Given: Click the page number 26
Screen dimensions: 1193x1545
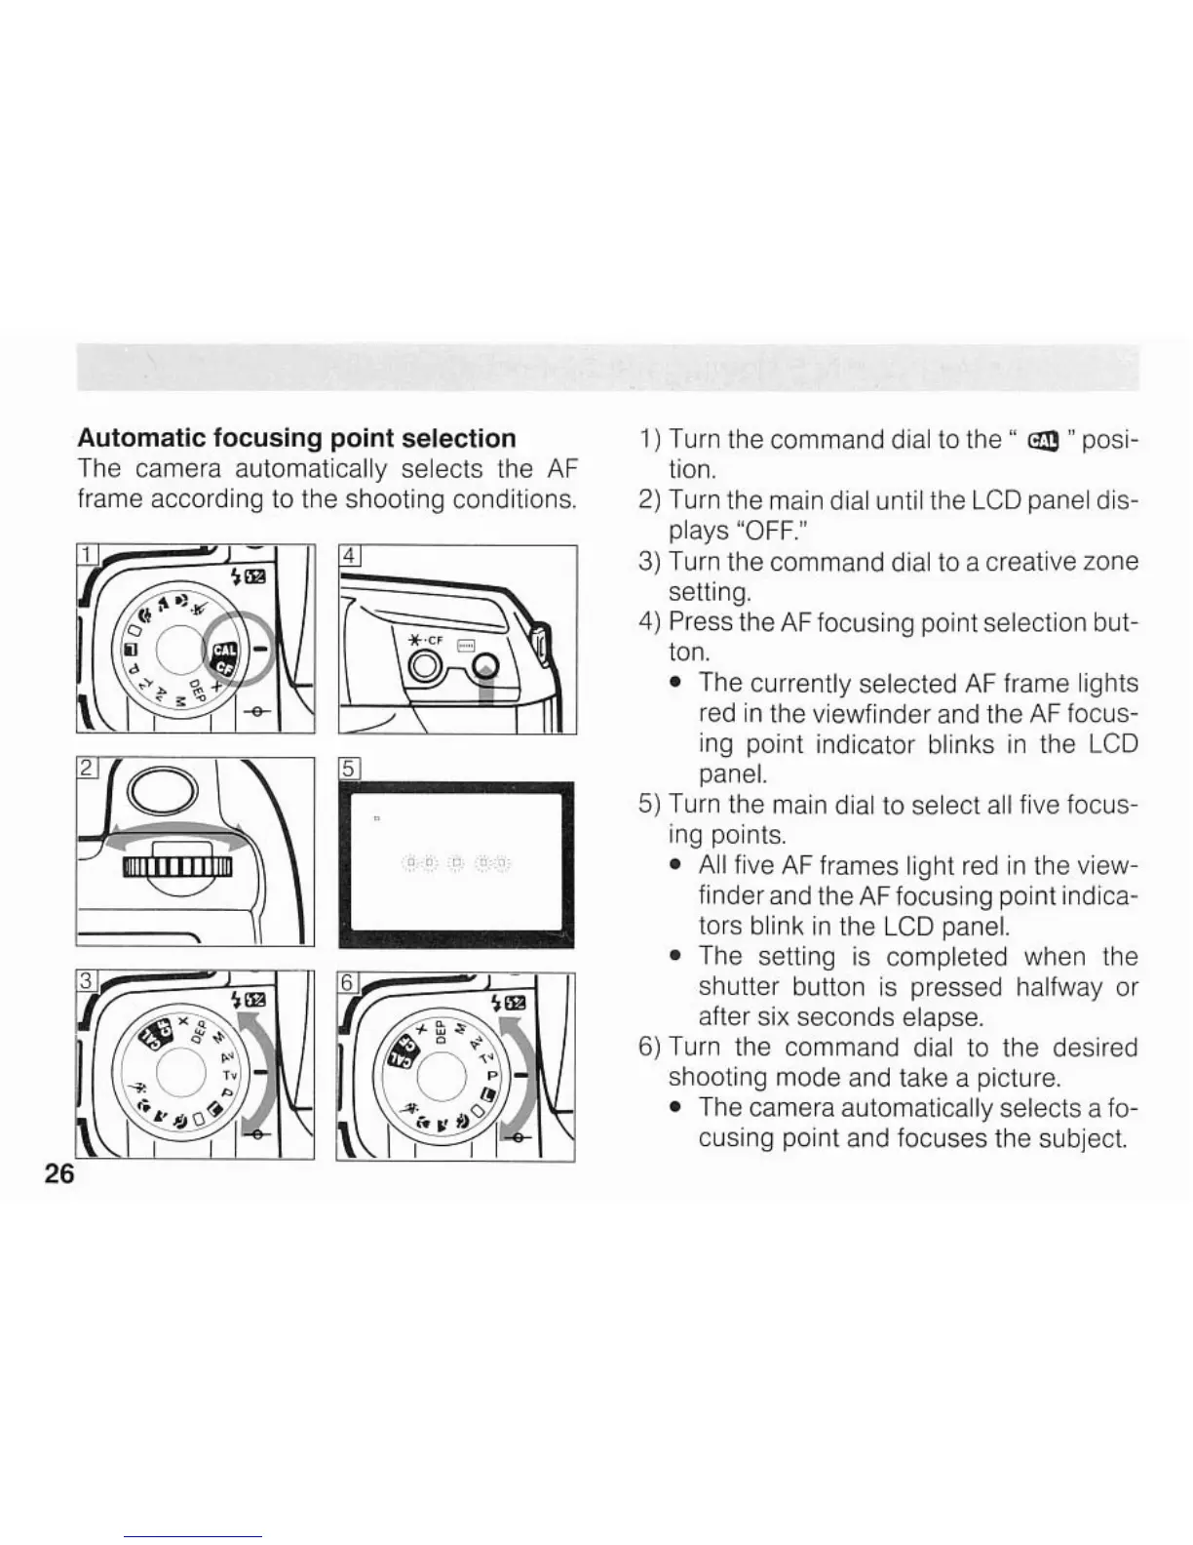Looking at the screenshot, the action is [x=59, y=1174].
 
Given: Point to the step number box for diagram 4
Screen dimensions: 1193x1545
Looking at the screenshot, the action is [x=349, y=556].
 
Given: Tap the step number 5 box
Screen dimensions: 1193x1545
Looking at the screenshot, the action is [x=349, y=769].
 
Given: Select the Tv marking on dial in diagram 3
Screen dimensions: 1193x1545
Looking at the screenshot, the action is [x=230, y=1075].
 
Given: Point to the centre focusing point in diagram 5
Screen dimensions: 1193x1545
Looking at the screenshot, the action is [x=456, y=862].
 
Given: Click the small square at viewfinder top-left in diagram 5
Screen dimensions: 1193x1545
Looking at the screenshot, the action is [x=376, y=818].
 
